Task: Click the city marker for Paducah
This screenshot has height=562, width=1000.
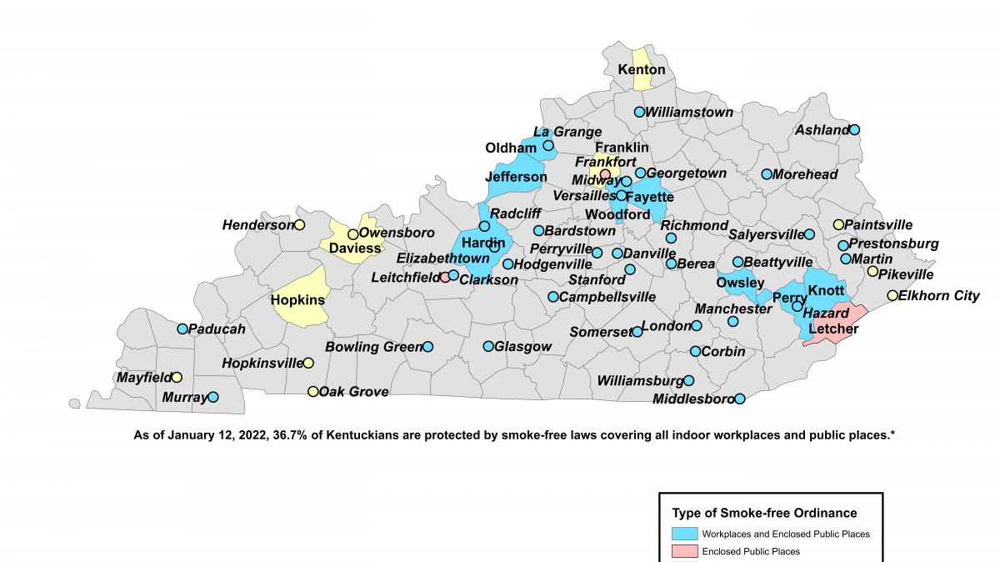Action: coord(182,329)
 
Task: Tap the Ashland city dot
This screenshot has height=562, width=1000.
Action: coord(854,130)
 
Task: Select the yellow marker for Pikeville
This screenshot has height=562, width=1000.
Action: coord(872,271)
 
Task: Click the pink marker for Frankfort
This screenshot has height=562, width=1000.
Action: coord(605,174)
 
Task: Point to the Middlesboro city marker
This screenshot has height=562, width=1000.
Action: coord(739,399)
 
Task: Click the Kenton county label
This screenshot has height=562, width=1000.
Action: coord(641,69)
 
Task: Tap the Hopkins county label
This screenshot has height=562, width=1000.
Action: coord(297,299)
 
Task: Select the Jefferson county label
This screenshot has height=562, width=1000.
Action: coord(516,177)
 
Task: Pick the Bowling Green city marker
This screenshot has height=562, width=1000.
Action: coord(427,346)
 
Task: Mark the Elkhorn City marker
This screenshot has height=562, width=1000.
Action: coord(892,295)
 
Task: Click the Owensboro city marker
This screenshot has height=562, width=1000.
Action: coord(352,234)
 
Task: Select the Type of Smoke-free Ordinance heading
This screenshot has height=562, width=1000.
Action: coord(764,513)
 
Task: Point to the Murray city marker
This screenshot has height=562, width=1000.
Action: coord(212,398)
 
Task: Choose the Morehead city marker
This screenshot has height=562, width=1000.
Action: coord(766,174)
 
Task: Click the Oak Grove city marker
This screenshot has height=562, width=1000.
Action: coord(312,391)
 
